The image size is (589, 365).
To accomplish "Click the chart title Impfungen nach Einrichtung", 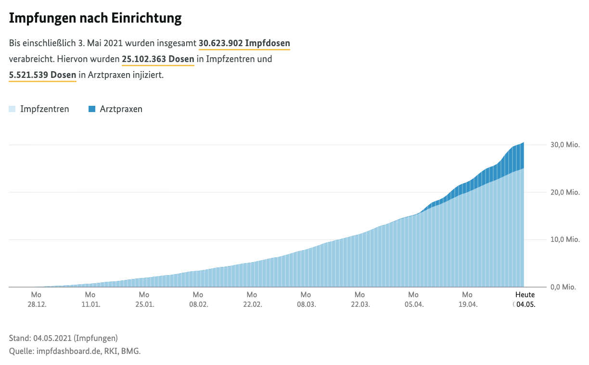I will [95, 18].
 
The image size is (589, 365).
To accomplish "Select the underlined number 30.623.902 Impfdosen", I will [244, 43].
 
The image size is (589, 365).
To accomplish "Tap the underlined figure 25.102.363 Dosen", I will [158, 59].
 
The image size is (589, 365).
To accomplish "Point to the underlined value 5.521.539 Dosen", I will [42, 75].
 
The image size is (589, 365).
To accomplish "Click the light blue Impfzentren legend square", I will [12, 109].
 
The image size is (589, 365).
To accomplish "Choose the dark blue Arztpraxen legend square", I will [92, 109].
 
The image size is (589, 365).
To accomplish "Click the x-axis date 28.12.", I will [36, 304].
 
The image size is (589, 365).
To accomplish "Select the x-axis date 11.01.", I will [90, 304].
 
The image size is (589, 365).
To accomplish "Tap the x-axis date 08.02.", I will [198, 304].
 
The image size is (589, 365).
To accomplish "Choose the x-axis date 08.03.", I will [306, 304].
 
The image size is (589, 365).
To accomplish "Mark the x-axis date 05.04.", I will [413, 304].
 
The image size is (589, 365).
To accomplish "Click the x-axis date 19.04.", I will [467, 304].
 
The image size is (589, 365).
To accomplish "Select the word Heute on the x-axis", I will [525, 295].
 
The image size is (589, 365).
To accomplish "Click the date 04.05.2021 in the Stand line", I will [51, 338].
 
